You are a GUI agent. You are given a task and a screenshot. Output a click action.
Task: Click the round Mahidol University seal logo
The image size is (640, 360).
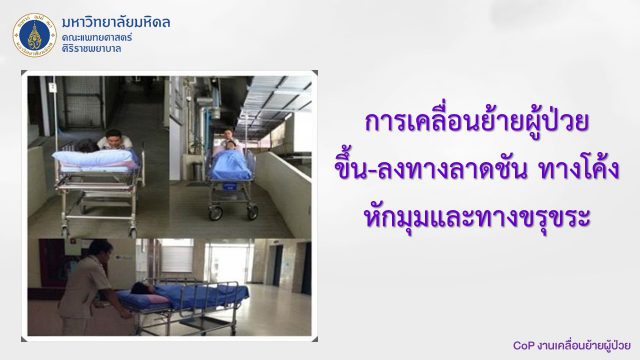click(34, 35)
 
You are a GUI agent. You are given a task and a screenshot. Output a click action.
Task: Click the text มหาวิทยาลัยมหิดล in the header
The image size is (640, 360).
click(116, 22)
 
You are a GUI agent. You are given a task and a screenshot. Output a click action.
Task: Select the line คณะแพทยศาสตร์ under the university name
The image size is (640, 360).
click(97, 38)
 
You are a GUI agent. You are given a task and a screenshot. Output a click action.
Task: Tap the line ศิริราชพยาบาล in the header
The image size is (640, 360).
click(91, 49)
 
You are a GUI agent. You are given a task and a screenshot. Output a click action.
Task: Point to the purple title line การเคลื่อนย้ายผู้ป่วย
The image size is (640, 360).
click(477, 121)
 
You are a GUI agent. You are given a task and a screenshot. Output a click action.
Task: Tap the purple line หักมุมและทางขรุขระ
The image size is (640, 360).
click(477, 218)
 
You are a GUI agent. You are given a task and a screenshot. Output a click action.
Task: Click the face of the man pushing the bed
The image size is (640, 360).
click(113, 139)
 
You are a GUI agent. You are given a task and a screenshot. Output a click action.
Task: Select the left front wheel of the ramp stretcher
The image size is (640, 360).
click(216, 213)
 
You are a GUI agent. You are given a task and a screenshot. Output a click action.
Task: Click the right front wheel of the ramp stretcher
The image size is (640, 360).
click(253, 212)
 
